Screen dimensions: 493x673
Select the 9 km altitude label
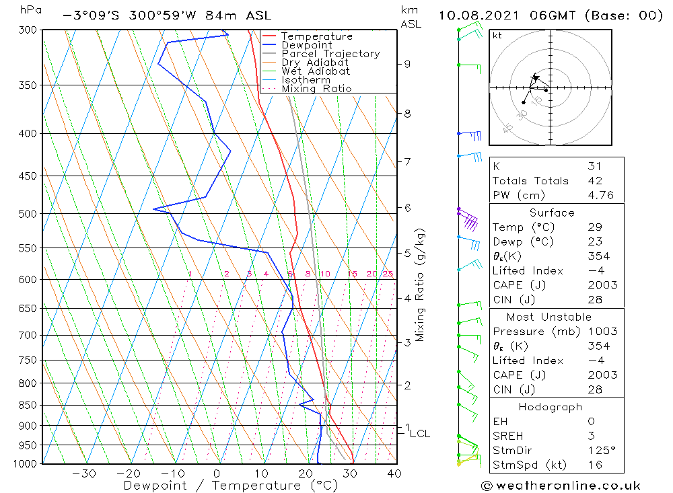click(407, 64)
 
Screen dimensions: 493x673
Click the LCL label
click(419, 434)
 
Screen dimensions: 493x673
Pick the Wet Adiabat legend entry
click(316, 71)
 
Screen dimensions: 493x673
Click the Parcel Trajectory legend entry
click(330, 54)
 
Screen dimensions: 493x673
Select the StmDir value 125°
click(602, 450)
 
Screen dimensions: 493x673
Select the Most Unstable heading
click(549, 317)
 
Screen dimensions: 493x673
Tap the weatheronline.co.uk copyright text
click(561, 486)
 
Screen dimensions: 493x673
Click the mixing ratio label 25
click(388, 274)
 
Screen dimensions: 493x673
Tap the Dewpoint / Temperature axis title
click(231, 485)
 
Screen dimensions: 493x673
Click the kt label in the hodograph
click(497, 36)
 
